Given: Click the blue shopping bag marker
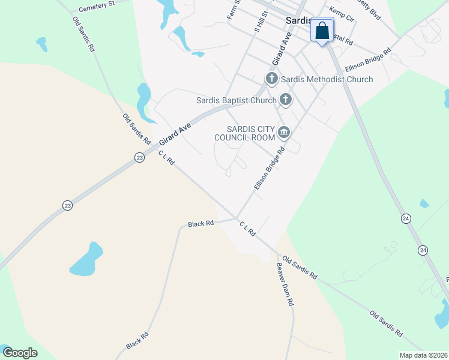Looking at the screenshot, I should [322, 31].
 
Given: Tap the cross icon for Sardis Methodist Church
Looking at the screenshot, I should [271, 79].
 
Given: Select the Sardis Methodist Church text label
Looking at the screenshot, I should [327, 79].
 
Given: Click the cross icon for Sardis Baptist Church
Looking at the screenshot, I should [286, 100].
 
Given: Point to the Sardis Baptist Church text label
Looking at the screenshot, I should [237, 100].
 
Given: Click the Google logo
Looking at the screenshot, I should [20, 353].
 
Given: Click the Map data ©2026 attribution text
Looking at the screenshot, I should [423, 355].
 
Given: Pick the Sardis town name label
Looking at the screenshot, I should [297, 20].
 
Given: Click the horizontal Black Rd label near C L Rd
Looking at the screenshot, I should [200, 224].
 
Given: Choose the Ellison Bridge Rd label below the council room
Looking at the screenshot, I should [268, 169].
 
